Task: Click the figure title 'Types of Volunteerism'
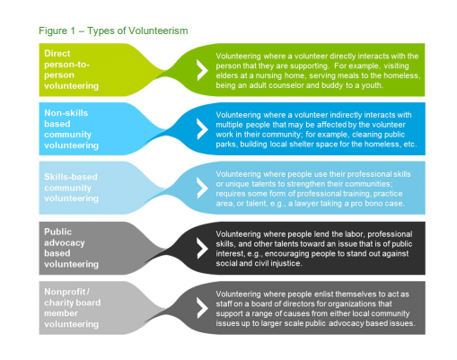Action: (137, 31)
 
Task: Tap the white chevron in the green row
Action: (202, 70)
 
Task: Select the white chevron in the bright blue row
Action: (202, 129)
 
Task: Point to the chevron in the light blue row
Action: (202, 188)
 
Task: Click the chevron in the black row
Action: (202, 248)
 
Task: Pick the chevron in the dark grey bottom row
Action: (202, 308)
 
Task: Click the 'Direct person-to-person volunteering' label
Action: (71, 69)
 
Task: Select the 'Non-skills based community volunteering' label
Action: (71, 129)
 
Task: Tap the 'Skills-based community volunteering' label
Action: (71, 188)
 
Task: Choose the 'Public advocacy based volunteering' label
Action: (71, 248)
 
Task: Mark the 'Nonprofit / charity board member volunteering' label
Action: (73, 308)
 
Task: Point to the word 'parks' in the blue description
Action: (226, 145)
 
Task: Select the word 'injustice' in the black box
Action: (286, 263)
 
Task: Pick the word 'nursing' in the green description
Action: (268, 75)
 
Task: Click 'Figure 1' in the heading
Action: (57, 31)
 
